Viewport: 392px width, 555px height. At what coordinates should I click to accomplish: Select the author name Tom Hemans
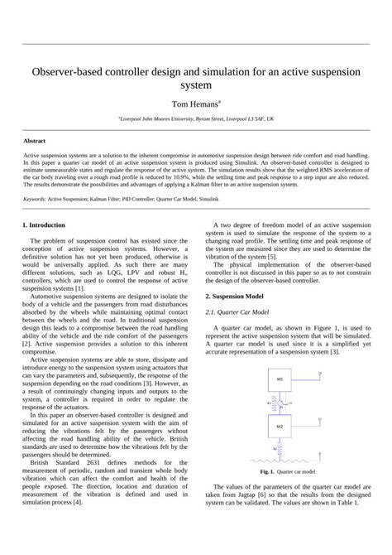click(196, 104)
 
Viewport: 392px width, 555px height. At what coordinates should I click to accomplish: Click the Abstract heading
click(36, 141)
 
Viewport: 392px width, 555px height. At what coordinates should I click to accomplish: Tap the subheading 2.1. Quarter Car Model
click(244, 311)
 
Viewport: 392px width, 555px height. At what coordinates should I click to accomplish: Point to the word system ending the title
click(196, 85)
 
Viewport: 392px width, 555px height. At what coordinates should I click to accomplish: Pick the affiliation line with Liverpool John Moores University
click(196, 118)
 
